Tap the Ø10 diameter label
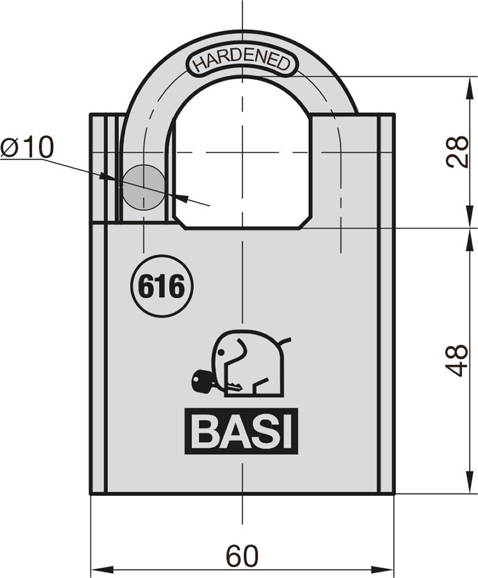point(27,148)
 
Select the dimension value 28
point(459,151)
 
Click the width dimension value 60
point(242,557)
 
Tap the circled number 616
point(161,286)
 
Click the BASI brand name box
point(241,431)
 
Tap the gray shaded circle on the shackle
point(143,187)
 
